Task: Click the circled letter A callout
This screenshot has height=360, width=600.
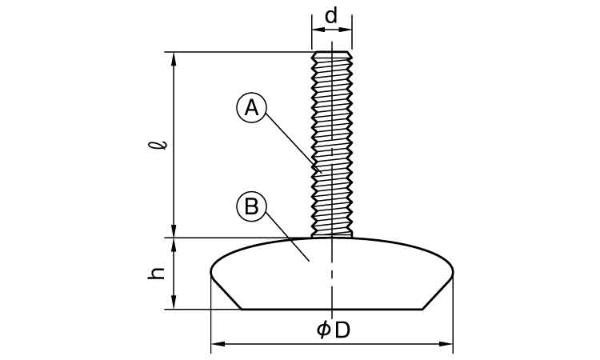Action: point(251,108)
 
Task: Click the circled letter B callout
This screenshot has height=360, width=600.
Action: point(251,207)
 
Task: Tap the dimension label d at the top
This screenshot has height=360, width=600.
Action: point(331,14)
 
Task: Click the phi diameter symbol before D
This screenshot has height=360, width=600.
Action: point(322,330)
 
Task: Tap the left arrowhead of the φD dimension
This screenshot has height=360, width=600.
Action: point(217,344)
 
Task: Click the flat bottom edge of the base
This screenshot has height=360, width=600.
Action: point(331,309)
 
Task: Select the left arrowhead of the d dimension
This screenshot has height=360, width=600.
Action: point(314,30)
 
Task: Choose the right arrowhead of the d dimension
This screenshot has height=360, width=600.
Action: point(347,30)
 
